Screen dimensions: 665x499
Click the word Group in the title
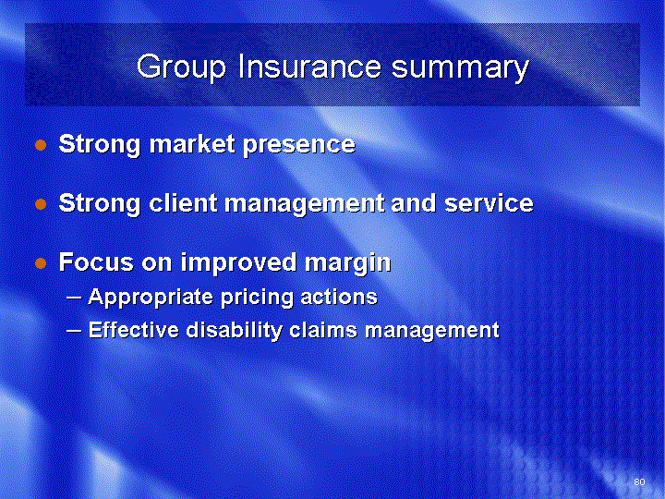[181, 67]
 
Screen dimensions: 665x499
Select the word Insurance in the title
[310, 66]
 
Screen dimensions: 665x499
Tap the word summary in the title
[460, 68]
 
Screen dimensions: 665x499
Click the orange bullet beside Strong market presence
[41, 146]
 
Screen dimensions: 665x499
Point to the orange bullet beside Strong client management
[41, 204]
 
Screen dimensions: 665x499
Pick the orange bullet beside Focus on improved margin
[41, 263]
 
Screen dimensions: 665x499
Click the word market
[192, 144]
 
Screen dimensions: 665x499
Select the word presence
[299, 146]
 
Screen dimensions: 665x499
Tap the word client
[183, 202]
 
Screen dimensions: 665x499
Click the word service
[489, 203]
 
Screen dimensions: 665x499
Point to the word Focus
[96, 262]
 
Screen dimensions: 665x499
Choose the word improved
[238, 262]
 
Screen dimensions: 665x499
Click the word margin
[348, 264]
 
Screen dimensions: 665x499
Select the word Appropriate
[151, 298]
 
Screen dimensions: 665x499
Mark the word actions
[339, 297]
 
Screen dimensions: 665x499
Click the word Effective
[134, 330]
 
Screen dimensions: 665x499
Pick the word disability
[234, 331]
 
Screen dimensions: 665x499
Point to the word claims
[323, 330]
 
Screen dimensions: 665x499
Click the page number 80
[639, 481]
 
